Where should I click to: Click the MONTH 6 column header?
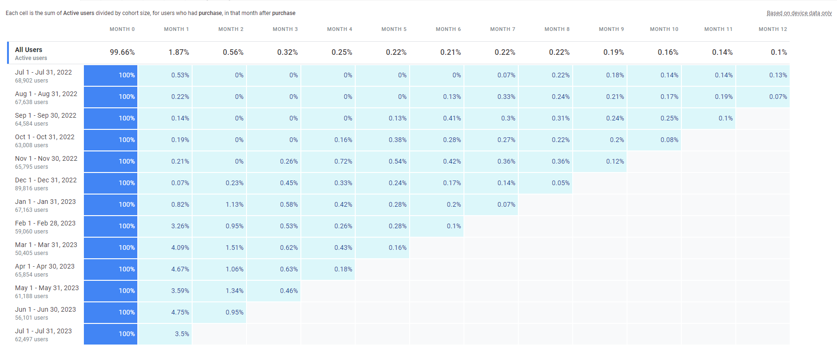448,29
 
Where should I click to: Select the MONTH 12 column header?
772,29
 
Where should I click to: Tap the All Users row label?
29,50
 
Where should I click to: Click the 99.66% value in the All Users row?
122,52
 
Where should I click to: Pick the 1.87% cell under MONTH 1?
179,52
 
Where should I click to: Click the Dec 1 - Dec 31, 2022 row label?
45,180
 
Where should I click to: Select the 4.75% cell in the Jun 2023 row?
180,312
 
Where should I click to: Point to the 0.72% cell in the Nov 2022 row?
343,161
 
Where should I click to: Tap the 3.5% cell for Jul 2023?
182,334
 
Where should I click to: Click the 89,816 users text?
31,188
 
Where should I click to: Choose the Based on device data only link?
799,13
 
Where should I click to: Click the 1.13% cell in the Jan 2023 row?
234,204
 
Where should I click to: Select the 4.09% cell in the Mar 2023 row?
180,247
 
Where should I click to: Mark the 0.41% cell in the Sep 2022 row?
452,118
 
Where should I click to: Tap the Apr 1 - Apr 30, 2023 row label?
45,266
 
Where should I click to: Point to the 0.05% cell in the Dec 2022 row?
560,183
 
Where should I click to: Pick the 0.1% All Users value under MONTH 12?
778,52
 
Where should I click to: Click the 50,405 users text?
31,253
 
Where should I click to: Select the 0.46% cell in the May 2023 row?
289,291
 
